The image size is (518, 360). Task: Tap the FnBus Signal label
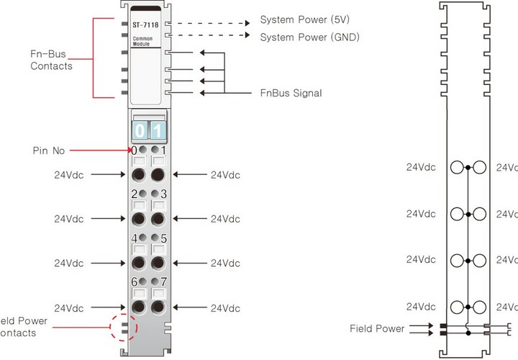coord(291,93)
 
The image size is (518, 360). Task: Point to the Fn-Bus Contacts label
coord(51,60)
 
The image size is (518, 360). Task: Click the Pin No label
coord(49,150)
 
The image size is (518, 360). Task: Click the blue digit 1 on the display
coord(158,131)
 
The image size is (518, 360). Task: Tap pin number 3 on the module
coord(163,194)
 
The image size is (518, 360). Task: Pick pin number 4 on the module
coord(134,238)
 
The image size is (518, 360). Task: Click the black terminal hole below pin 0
coord(139,174)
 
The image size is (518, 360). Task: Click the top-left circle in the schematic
coord(457,167)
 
